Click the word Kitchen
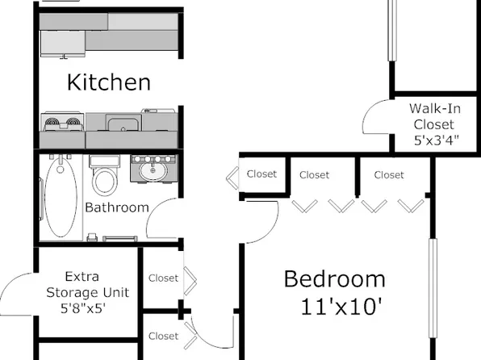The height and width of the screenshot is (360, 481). (x=108, y=82)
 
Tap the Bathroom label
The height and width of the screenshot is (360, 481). (x=117, y=207)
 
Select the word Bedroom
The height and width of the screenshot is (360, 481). (x=334, y=279)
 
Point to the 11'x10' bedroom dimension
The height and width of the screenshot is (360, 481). (x=339, y=306)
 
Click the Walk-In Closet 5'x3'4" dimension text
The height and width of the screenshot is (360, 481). (x=433, y=140)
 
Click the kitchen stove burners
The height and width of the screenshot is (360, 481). (x=63, y=123)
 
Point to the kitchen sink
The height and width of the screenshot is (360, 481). (x=123, y=123)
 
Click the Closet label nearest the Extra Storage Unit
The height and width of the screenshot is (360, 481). (x=163, y=278)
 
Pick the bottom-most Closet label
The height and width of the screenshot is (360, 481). (x=163, y=336)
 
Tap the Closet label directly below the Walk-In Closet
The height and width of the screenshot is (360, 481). (x=389, y=174)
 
